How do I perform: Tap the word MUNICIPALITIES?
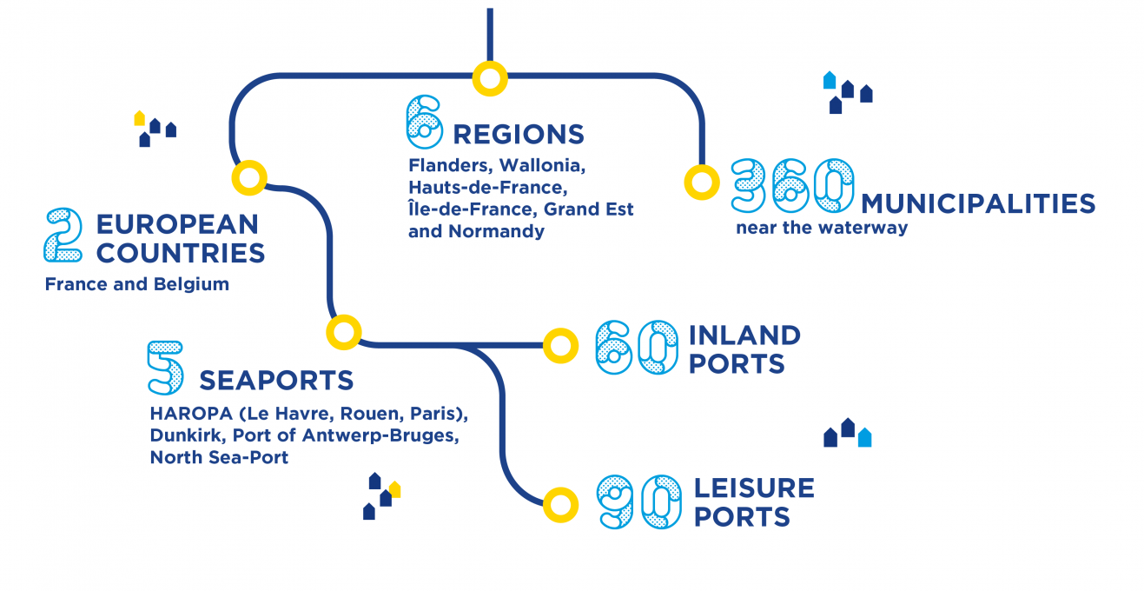978,204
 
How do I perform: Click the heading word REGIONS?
519,135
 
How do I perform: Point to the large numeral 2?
63,235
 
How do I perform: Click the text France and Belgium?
136,284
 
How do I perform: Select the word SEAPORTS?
276,381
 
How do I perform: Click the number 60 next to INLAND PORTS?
637,348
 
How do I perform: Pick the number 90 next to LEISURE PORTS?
639,501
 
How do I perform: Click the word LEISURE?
754,488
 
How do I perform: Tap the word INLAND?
744,335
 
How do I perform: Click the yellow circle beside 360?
702,183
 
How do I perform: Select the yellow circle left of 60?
560,345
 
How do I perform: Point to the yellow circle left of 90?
560,504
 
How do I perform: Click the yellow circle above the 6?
490,79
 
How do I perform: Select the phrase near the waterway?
821,229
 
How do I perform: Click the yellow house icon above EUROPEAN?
139,118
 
